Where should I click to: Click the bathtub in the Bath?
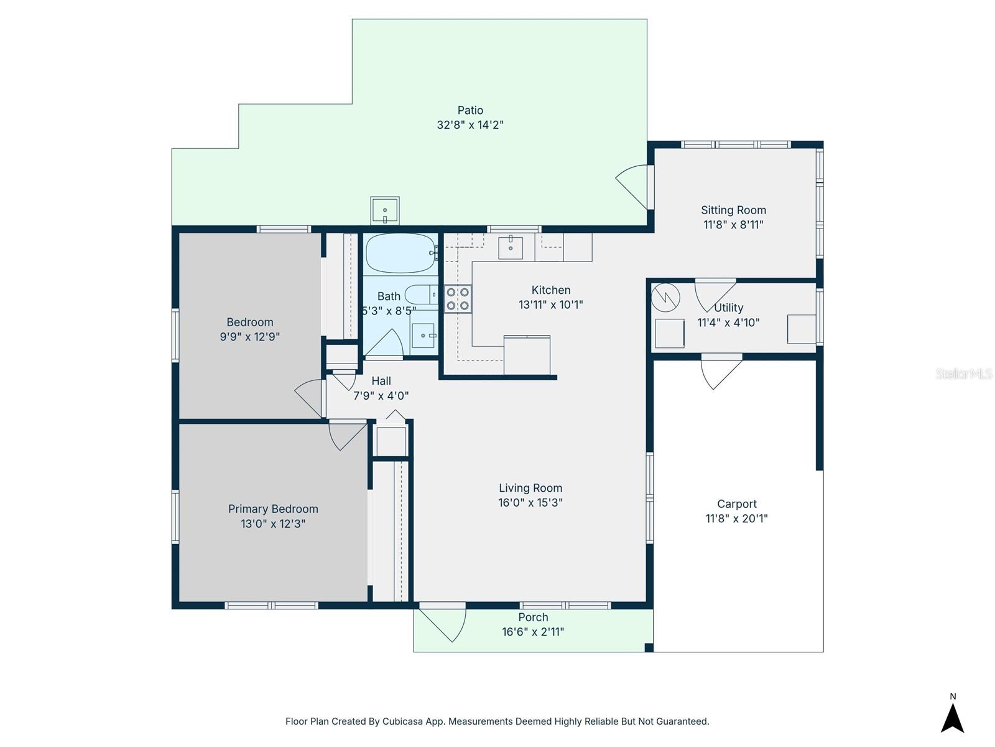click(401, 253)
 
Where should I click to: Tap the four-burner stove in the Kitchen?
click(458, 299)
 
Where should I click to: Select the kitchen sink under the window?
click(511, 247)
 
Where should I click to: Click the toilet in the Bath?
click(421, 294)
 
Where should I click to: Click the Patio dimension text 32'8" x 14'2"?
click(470, 125)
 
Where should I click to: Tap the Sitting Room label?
click(733, 210)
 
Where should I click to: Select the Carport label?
click(736, 504)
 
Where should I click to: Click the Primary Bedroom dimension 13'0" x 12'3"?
click(273, 524)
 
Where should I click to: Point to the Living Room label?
click(530, 488)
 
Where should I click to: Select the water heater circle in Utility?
click(665, 298)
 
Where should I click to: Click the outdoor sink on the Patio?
click(385, 210)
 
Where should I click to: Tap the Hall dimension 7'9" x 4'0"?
click(381, 395)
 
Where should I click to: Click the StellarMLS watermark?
click(963, 374)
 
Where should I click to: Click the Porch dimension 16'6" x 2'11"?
click(533, 632)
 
